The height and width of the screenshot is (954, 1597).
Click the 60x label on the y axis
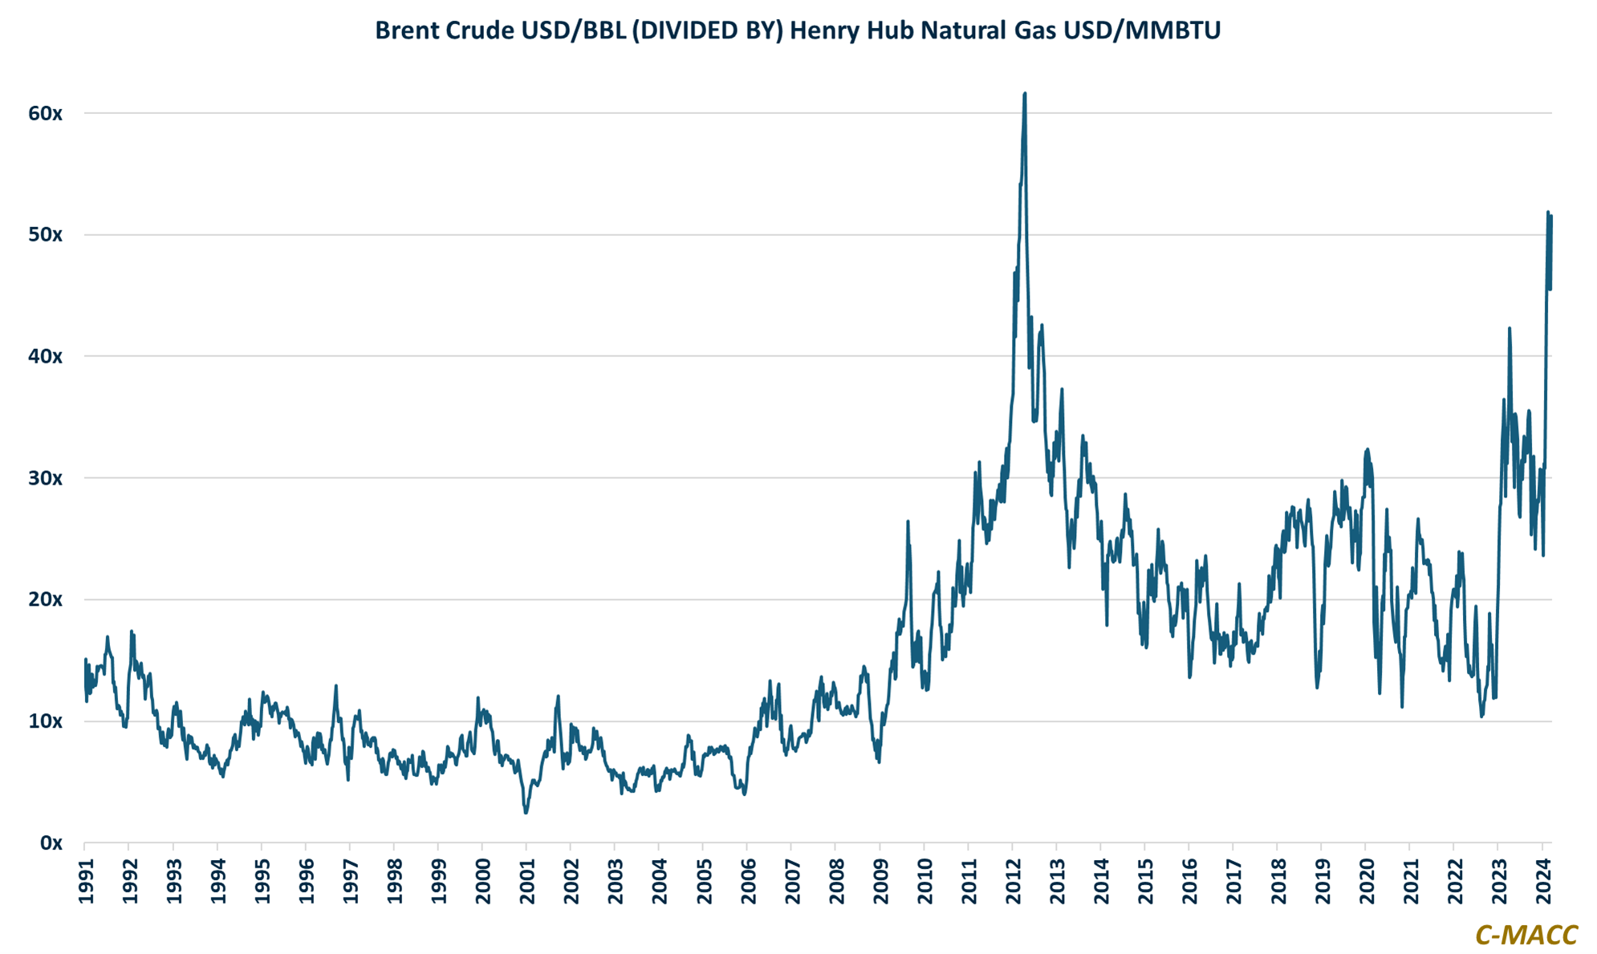45,113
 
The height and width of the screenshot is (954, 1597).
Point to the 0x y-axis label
51,843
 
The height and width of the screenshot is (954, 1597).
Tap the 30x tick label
45,478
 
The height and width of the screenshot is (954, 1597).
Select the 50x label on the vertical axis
45,235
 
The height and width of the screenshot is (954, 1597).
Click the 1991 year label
86,881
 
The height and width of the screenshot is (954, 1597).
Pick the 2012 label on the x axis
1013,881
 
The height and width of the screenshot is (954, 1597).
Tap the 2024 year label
1542,881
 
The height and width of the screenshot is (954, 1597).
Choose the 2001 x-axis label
527,881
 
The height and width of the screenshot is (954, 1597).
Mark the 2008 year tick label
836,881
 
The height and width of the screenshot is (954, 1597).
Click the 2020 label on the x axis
1366,881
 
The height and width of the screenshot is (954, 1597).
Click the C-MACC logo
1526,935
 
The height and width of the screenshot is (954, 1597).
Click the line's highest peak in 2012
1025,94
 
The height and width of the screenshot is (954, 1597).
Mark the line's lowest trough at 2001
526,813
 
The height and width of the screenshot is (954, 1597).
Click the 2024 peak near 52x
1547,212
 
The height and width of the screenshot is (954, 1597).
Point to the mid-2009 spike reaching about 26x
908,522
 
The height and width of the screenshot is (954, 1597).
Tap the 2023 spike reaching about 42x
1510,328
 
